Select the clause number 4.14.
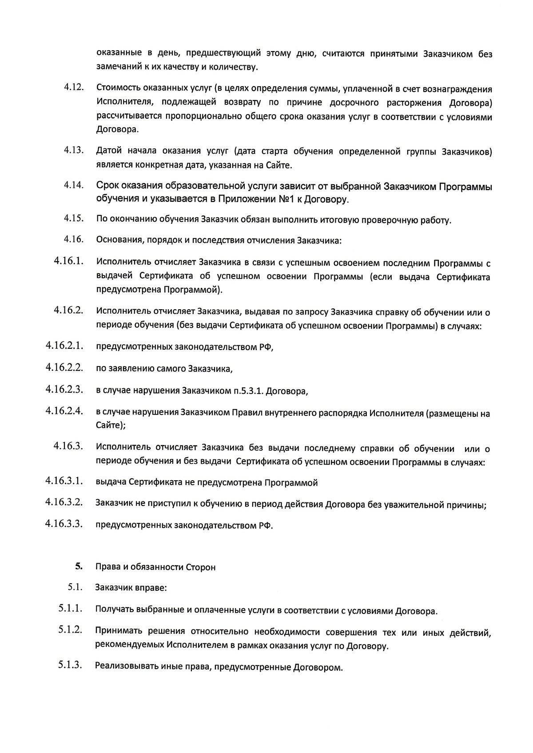[74, 184]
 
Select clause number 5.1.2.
[70, 629]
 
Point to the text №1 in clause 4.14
[287, 199]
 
